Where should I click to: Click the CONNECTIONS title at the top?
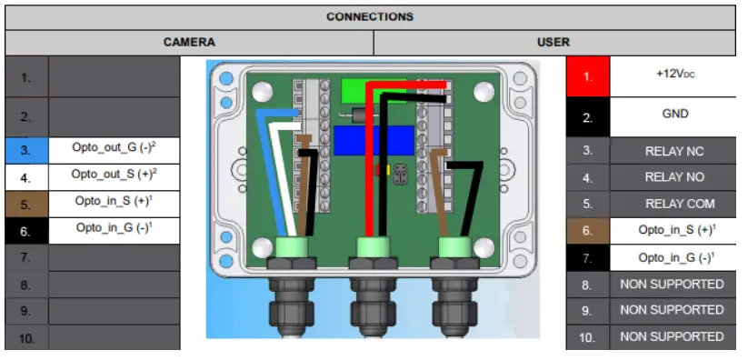point(371,16)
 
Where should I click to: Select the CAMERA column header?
point(189,42)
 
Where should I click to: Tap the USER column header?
point(553,42)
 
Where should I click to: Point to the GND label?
point(673,115)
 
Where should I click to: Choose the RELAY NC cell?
point(673,150)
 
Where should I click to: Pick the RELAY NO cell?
point(673,176)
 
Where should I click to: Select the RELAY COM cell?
point(673,204)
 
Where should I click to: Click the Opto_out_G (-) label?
point(113,147)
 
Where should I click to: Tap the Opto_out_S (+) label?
point(113,174)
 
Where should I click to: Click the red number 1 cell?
point(587,76)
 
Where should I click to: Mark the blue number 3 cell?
point(25,149)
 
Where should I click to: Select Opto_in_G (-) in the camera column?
point(113,228)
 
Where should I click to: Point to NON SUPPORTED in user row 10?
point(673,336)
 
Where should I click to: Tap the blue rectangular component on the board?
point(374,142)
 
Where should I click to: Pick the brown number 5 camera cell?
point(25,204)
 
